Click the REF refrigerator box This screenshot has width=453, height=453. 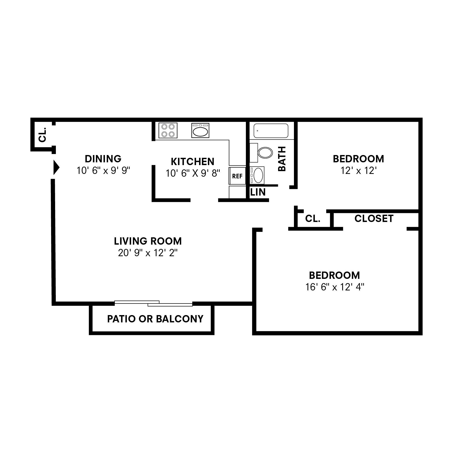point(237,176)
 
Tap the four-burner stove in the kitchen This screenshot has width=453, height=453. point(168,130)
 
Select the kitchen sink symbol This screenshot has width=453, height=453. point(200,130)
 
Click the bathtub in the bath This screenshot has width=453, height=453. point(271,131)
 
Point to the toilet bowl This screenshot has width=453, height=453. point(265,153)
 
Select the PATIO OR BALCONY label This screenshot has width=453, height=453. point(155,319)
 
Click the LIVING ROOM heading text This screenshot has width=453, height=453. point(148,241)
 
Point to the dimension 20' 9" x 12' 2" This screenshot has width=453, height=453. point(148,253)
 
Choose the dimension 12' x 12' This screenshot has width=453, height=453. point(358,171)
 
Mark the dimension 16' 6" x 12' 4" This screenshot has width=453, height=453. point(335,287)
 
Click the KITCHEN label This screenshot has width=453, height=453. point(193,161)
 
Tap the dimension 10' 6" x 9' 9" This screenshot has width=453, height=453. point(103,171)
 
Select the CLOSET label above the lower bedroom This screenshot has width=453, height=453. point(374,218)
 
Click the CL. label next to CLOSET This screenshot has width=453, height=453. point(313,219)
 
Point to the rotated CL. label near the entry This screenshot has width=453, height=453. point(43,135)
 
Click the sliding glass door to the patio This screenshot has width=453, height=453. point(154,303)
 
